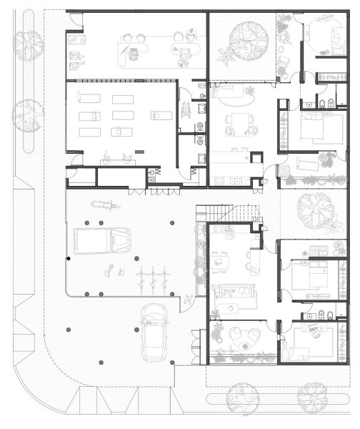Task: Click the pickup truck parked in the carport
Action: click(x=104, y=240)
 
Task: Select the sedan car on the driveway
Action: click(x=154, y=332)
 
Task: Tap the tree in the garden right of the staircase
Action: click(x=314, y=207)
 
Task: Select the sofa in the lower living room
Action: click(x=236, y=292)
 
